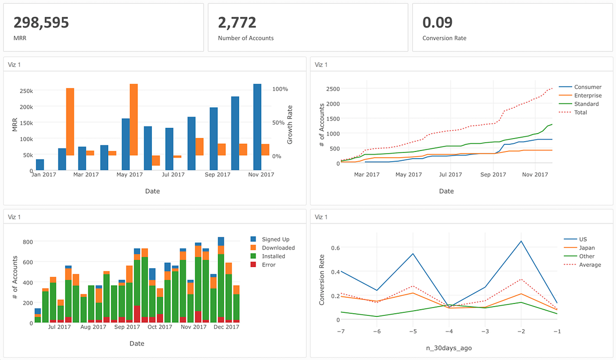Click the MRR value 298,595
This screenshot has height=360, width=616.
click(x=41, y=22)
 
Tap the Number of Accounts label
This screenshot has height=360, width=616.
click(x=245, y=38)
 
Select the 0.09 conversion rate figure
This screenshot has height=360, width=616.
click(x=437, y=22)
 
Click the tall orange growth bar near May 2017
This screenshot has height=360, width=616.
click(x=133, y=119)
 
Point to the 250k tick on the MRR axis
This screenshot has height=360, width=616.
click(x=26, y=90)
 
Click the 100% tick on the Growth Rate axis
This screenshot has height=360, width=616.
click(x=280, y=89)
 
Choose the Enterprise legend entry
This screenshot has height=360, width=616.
click(x=587, y=96)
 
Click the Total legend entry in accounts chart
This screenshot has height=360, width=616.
click(x=581, y=112)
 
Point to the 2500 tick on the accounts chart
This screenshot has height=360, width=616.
click(x=332, y=89)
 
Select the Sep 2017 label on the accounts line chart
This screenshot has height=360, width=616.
click(x=493, y=175)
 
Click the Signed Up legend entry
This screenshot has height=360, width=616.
click(x=275, y=239)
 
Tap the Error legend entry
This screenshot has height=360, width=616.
click(x=268, y=265)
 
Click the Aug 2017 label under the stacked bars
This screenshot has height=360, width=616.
click(x=93, y=327)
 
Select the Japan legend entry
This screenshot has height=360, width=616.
click(x=586, y=248)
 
